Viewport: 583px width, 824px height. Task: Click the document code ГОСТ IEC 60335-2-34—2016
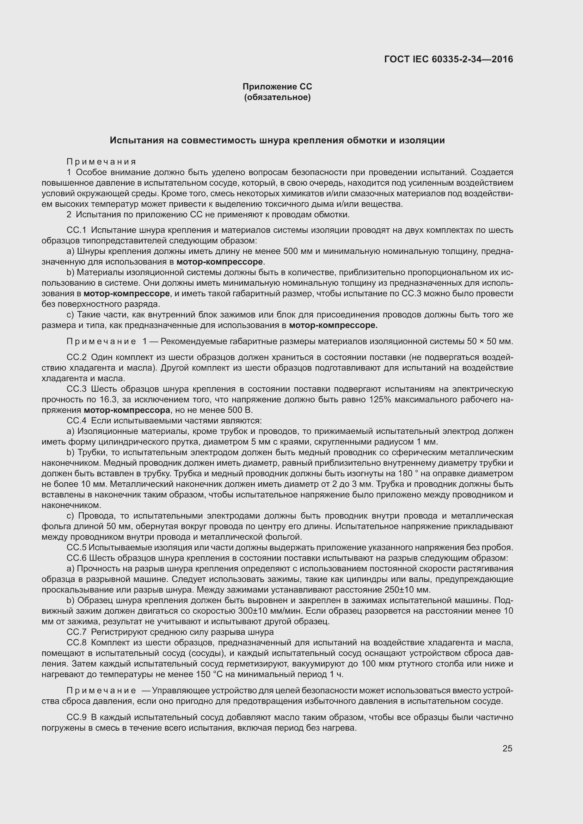(x=448, y=59)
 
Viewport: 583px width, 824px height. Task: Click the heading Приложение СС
(x=277, y=87)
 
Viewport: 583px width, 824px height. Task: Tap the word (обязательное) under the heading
(x=277, y=97)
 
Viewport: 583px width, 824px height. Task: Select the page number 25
(x=507, y=748)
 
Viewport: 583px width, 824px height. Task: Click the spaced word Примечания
(x=101, y=162)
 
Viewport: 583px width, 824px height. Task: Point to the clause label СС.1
(x=76, y=230)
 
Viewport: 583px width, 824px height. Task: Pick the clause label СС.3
(x=76, y=389)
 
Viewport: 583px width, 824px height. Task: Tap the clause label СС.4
(x=76, y=421)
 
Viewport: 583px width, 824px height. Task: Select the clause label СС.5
(x=76, y=548)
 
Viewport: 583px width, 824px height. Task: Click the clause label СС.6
(x=76, y=558)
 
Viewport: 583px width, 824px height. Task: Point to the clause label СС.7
(x=76, y=632)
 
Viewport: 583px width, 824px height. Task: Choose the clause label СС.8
(x=76, y=643)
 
